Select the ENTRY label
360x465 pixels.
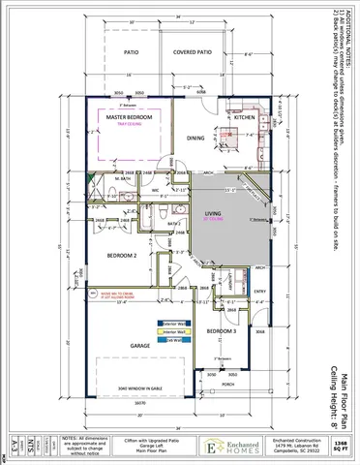258,291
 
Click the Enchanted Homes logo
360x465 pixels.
221,444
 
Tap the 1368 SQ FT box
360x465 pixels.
339,443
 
